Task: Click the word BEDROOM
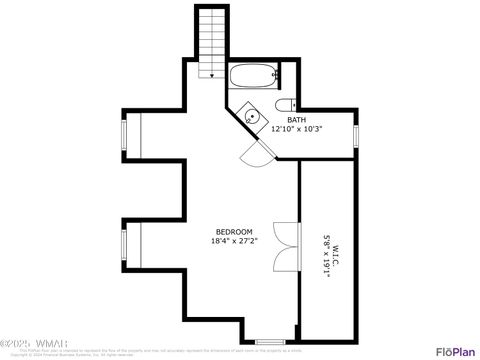[234, 231]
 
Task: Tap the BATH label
[297, 119]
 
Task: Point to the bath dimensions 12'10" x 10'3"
[297, 129]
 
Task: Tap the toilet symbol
[286, 105]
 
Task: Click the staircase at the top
[212, 40]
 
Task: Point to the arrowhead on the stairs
[212, 72]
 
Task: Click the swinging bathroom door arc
[257, 152]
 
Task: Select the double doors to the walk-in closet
[285, 244]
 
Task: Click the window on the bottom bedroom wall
[269, 342]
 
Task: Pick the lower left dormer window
[125, 241]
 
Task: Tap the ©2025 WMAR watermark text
[30, 346]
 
